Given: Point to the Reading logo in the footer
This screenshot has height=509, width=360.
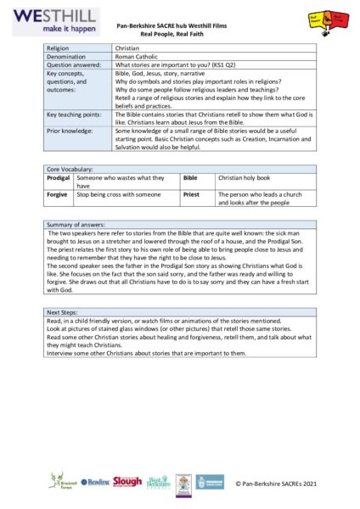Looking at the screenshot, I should pos(95,482).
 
